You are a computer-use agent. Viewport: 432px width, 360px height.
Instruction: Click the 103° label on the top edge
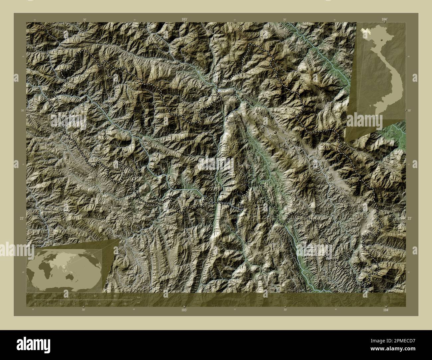[184, 20]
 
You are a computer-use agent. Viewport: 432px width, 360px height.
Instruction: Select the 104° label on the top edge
[384, 20]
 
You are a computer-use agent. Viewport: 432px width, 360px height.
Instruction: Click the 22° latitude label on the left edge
[22, 218]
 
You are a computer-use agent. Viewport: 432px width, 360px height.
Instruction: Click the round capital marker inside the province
[275, 132]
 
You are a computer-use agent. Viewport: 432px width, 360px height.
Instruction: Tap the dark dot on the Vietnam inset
[382, 40]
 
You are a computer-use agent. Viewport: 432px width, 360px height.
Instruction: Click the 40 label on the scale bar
[115, 296]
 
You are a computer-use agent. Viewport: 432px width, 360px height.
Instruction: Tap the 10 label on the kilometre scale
[55, 296]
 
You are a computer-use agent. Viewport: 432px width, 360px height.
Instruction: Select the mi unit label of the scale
[138, 302]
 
